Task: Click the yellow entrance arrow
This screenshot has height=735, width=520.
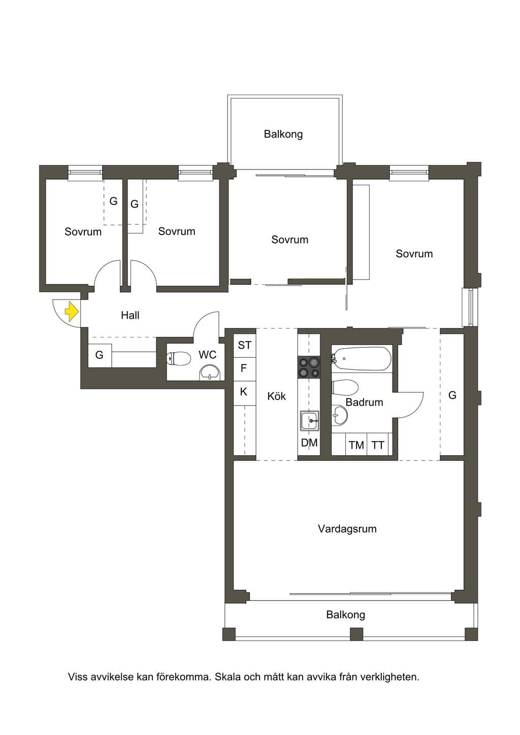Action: coord(72,311)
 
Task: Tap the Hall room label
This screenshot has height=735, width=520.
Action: coord(131,315)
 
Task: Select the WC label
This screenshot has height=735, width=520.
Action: coord(208,355)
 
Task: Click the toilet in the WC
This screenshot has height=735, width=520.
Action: coord(178,358)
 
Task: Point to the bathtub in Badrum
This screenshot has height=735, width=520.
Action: coord(361,359)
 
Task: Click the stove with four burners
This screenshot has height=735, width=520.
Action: coord(309,367)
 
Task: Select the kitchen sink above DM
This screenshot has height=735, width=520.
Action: coord(309,420)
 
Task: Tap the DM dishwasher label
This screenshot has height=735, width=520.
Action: coord(309,443)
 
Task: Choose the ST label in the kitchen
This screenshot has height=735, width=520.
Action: coord(245,345)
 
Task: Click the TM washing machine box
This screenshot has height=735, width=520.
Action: coord(356,445)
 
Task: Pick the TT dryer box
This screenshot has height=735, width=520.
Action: coord(377,445)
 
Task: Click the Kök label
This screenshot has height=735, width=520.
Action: coord(276,396)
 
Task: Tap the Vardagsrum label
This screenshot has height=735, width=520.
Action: coord(347,528)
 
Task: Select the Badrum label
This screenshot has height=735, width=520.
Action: coord(365,402)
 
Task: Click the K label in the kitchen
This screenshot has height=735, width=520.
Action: coord(244,391)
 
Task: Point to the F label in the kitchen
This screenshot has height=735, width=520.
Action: coord(244,368)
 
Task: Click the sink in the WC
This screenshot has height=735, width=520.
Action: coord(210,373)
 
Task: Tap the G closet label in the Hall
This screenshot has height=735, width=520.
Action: coord(99,355)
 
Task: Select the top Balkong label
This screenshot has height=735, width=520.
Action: coord(283,134)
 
